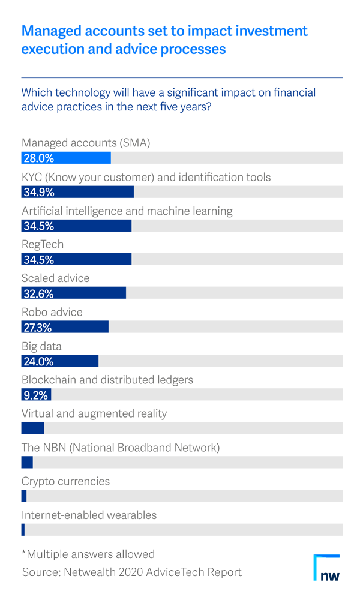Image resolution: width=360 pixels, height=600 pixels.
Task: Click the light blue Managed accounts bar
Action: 66,158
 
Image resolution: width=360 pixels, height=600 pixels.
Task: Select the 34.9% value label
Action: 38,192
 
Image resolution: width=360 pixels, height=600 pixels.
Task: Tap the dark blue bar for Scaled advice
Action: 73,293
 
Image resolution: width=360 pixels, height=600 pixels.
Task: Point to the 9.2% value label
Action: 35,395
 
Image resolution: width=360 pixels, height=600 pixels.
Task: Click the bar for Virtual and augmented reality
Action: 32,428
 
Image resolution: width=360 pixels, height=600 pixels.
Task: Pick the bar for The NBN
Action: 27,462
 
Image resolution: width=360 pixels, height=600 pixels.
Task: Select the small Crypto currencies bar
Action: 24,496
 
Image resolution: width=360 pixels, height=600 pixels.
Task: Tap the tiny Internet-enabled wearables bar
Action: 23,530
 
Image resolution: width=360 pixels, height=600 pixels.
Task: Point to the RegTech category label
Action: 43,245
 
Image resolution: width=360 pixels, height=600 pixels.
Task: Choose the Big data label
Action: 41,346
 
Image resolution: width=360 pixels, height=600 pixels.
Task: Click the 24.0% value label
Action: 38,361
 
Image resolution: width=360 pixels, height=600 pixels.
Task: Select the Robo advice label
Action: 52,313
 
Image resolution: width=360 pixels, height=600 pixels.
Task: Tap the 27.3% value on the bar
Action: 37,328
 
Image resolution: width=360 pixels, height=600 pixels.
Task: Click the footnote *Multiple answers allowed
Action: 88,554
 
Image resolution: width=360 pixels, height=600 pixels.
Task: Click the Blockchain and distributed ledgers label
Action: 107,380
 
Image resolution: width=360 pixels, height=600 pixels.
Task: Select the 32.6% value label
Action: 38,293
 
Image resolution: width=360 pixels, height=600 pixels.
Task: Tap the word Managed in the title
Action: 50,31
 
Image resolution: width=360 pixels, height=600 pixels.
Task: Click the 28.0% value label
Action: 38,158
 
